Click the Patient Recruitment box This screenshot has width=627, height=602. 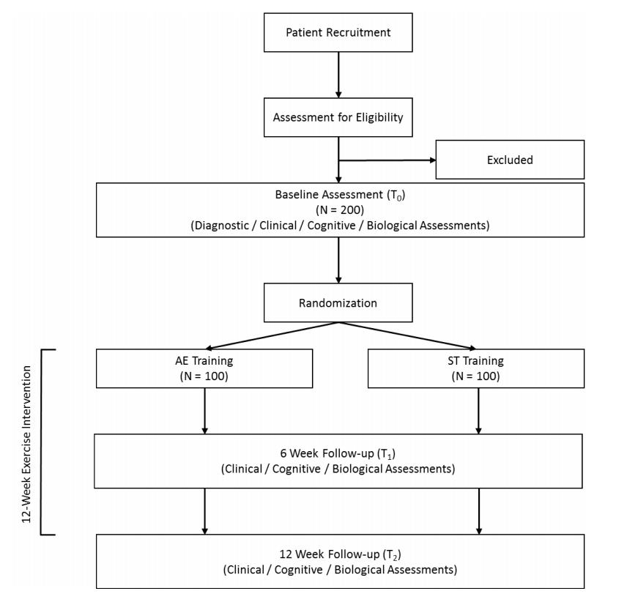click(x=338, y=32)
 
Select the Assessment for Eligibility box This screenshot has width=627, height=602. click(x=338, y=117)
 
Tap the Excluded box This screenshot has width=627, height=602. click(x=510, y=160)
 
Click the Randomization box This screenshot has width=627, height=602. click(x=338, y=302)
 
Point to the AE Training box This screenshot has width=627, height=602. click(x=204, y=368)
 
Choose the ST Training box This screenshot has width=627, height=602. click(x=476, y=368)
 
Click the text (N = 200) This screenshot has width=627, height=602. click(x=340, y=209)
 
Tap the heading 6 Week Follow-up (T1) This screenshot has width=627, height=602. click(x=338, y=453)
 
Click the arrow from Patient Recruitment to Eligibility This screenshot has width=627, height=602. click(x=338, y=75)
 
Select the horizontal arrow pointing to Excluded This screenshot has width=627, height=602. click(x=387, y=159)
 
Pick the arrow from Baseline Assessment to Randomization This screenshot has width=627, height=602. click(x=338, y=260)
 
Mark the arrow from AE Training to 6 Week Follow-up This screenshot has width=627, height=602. click(x=205, y=410)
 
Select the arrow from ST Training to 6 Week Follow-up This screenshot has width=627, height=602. click(x=479, y=410)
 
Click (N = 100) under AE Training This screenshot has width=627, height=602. click(x=204, y=376)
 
